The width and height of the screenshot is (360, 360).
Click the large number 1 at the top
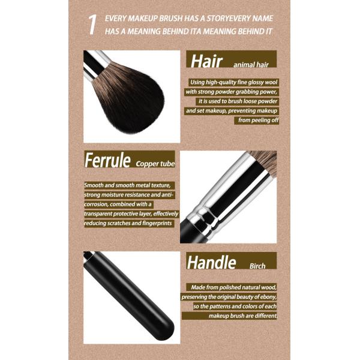pyautogui.click(x=92, y=25)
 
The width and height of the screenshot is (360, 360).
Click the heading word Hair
pyautogui.click(x=206, y=61)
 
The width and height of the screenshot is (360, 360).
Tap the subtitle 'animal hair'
pyautogui.click(x=251, y=65)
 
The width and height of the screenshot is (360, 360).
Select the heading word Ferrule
pyautogui.click(x=107, y=160)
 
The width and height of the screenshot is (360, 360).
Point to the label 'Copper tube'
pyautogui.click(x=155, y=164)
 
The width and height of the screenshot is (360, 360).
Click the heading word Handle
pyautogui.click(x=211, y=262)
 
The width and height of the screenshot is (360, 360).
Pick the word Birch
pyautogui.click(x=257, y=266)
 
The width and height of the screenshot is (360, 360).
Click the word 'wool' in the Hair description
pyautogui.click(x=271, y=82)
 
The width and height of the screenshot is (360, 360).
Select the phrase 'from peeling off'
pyautogui.click(x=258, y=120)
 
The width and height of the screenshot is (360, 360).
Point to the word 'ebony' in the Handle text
pyautogui.click(x=268, y=297)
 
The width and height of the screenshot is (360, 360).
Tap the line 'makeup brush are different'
pyautogui.click(x=242, y=316)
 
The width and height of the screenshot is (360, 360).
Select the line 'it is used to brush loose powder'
pyautogui.click(x=238, y=101)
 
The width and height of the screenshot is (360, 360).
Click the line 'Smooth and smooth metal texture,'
pyautogui.click(x=127, y=185)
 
